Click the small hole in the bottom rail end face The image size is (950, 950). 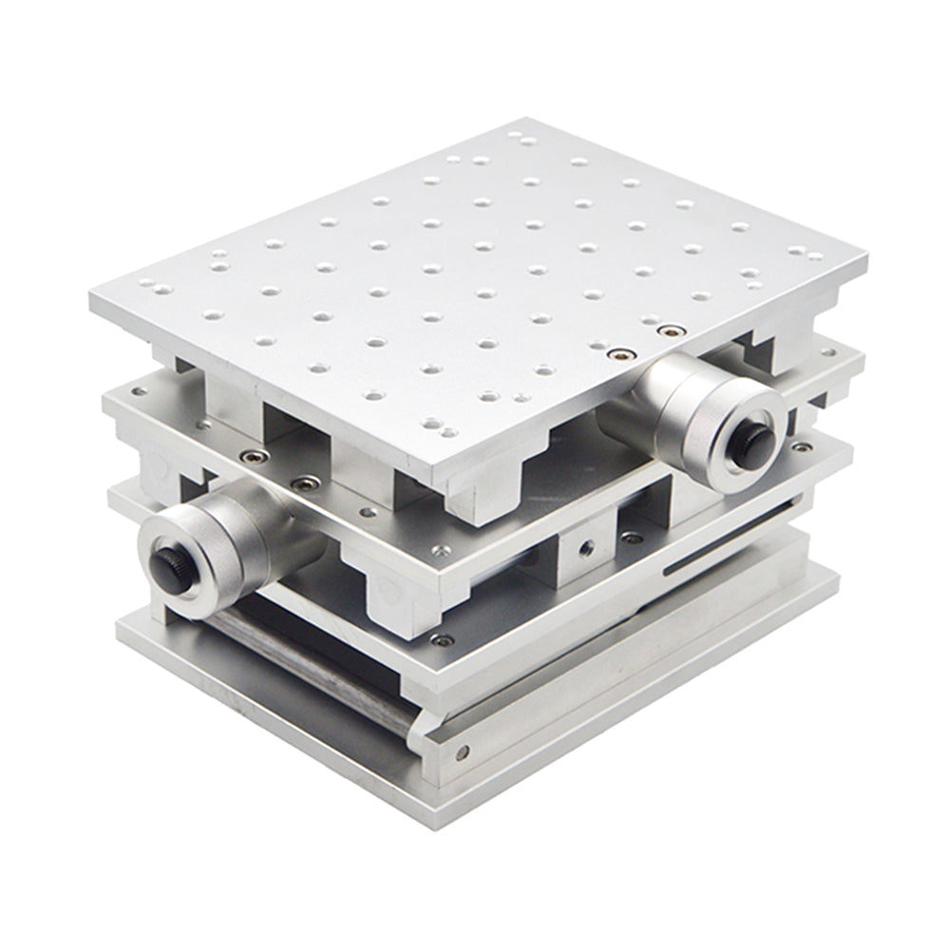(x=462, y=753)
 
